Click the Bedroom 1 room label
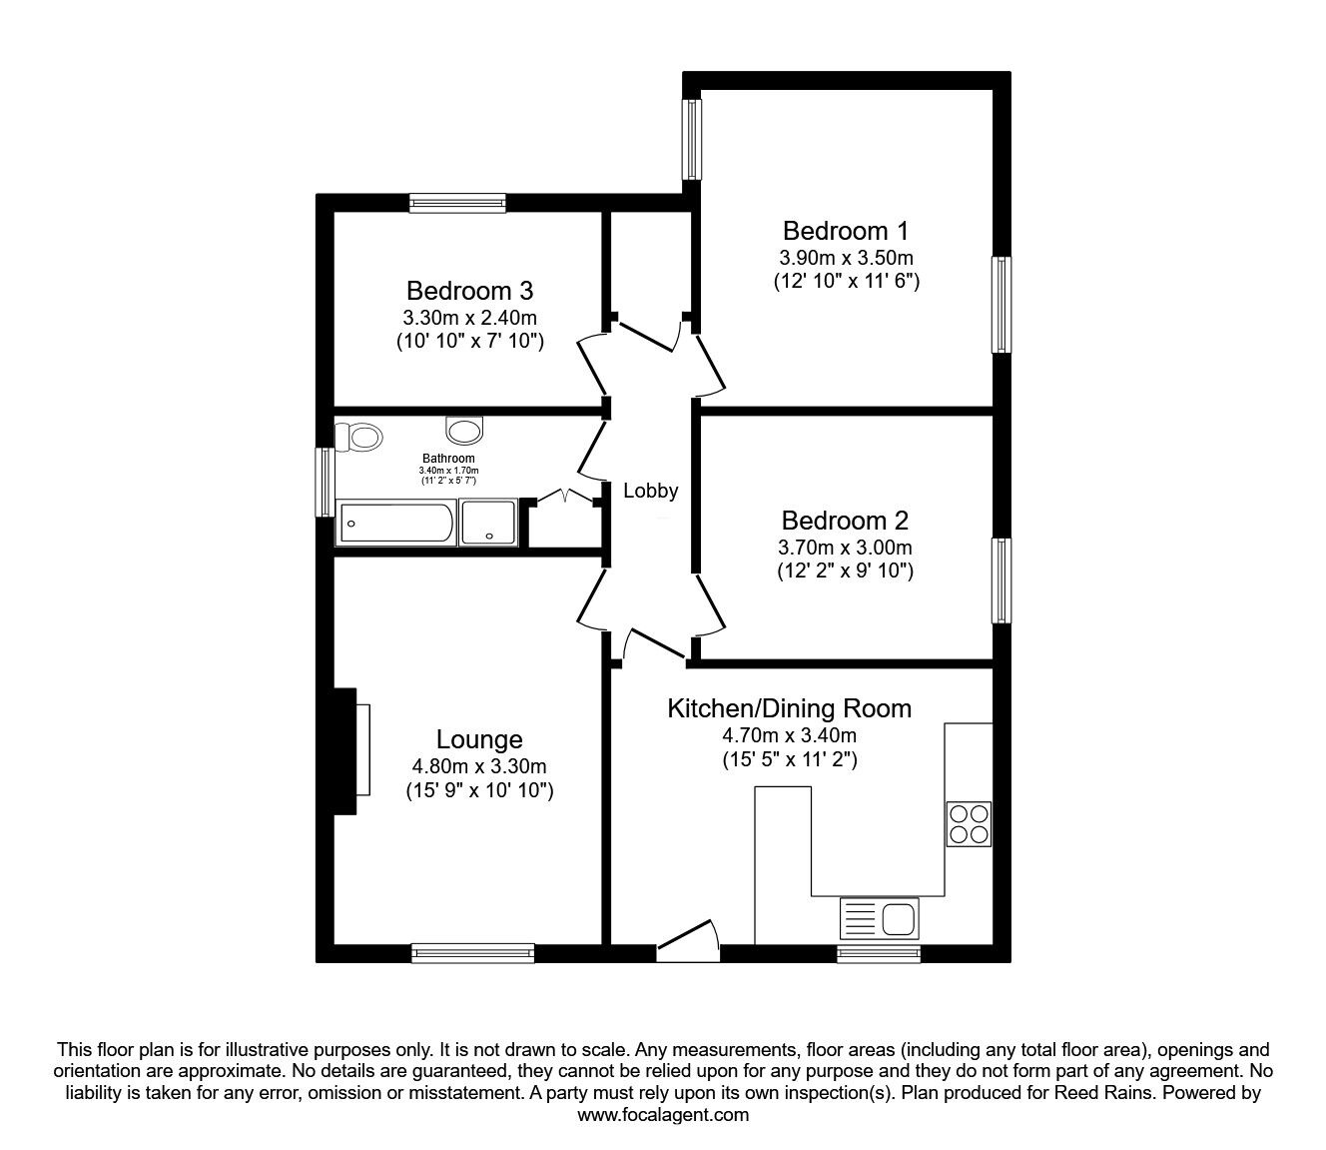[x=846, y=231]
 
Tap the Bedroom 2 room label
[x=845, y=521]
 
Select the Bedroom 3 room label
[x=469, y=291]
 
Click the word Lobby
[x=651, y=491]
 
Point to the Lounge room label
[x=479, y=739]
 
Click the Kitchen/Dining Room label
[x=789, y=708]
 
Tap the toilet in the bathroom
[x=359, y=437]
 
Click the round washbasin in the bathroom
[x=464, y=431]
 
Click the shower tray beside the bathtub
[x=489, y=523]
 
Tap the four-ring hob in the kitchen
[x=969, y=823]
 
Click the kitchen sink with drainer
[x=879, y=917]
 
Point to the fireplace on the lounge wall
[x=346, y=750]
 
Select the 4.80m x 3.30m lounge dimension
[x=479, y=767]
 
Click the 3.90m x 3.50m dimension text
[x=846, y=258]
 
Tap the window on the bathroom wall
[x=325, y=482]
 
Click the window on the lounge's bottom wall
[x=472, y=953]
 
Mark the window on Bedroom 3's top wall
[x=457, y=203]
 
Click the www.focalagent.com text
[x=663, y=1115]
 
